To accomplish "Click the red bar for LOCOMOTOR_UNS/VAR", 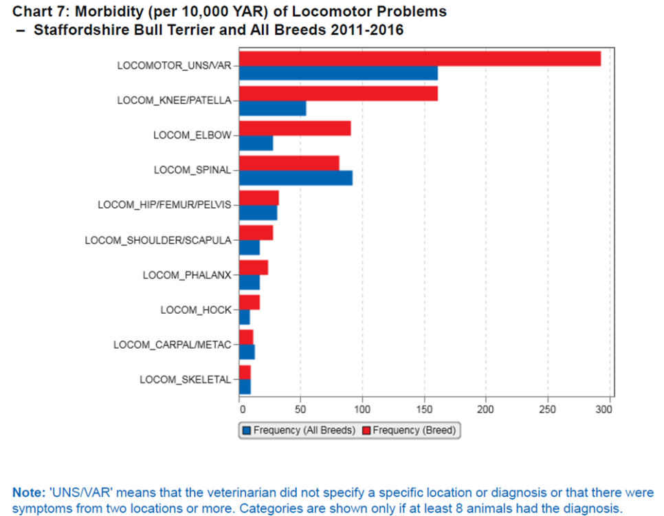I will coord(419,58).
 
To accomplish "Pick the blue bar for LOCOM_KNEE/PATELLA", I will coord(272,108).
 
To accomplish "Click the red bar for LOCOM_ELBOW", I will coord(295,129).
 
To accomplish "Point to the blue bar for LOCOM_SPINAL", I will coord(296,178).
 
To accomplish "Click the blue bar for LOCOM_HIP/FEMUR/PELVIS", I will coord(258,213).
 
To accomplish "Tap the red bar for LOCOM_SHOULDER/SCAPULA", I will coord(256,233).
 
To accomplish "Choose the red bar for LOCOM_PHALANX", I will coord(254,268).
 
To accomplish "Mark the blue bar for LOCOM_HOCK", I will coord(244,318).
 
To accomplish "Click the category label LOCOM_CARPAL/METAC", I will coord(173,345).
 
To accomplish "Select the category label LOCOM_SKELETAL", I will coord(186,380).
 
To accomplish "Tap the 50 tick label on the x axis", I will coord(300,409).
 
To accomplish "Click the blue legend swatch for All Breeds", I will coord(247,431).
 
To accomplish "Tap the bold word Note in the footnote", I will coord(30,493).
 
